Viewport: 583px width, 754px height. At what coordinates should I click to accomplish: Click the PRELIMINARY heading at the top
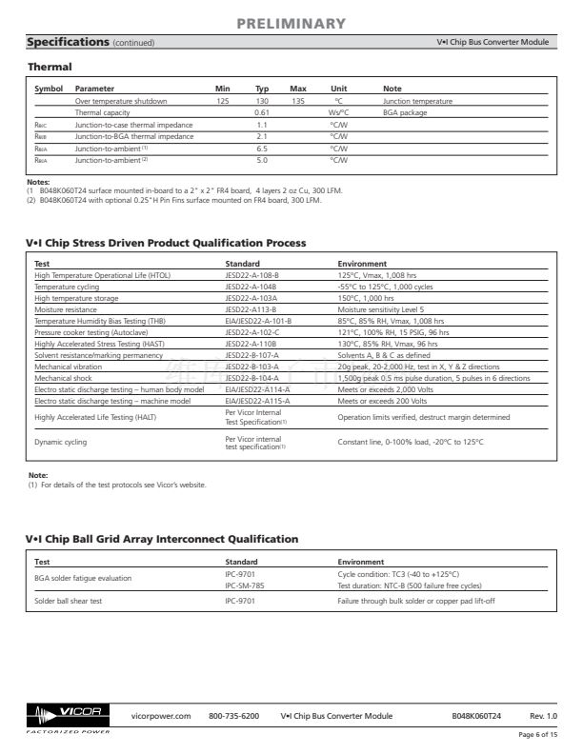tap(291, 23)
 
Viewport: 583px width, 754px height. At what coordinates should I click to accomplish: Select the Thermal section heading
tap(49, 67)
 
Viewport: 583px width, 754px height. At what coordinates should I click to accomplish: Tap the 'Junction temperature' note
tap(417, 100)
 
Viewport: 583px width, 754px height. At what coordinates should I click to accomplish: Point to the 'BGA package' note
tap(403, 112)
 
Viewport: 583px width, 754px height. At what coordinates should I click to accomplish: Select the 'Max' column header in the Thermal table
tap(297, 89)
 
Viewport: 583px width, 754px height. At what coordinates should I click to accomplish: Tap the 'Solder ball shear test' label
tap(70, 602)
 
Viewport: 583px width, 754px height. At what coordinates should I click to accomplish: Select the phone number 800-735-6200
tap(233, 715)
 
